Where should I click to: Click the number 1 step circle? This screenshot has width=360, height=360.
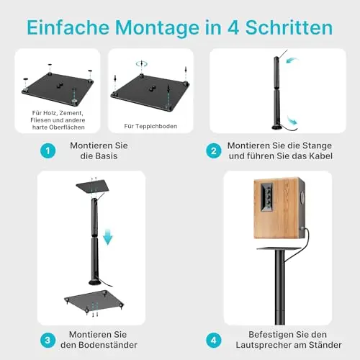[x=48, y=150]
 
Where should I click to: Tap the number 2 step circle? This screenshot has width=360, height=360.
[x=214, y=150]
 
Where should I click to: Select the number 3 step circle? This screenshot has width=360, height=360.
[x=48, y=340]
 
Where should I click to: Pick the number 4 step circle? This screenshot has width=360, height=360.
[x=214, y=340]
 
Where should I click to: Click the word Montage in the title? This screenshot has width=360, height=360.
[x=157, y=28]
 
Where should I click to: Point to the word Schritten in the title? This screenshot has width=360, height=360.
[x=289, y=27]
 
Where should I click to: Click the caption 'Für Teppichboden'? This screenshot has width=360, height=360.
[x=150, y=126]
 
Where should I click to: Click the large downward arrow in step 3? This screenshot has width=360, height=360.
[x=108, y=237]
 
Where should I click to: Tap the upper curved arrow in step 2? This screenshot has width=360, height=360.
[x=292, y=60]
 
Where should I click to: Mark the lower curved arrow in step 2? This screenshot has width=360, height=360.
[x=293, y=120]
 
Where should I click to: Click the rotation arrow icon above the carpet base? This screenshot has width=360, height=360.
[x=142, y=64]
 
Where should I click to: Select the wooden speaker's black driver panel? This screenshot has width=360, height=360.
[x=267, y=197]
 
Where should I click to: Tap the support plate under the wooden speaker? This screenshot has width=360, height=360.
[x=279, y=248]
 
